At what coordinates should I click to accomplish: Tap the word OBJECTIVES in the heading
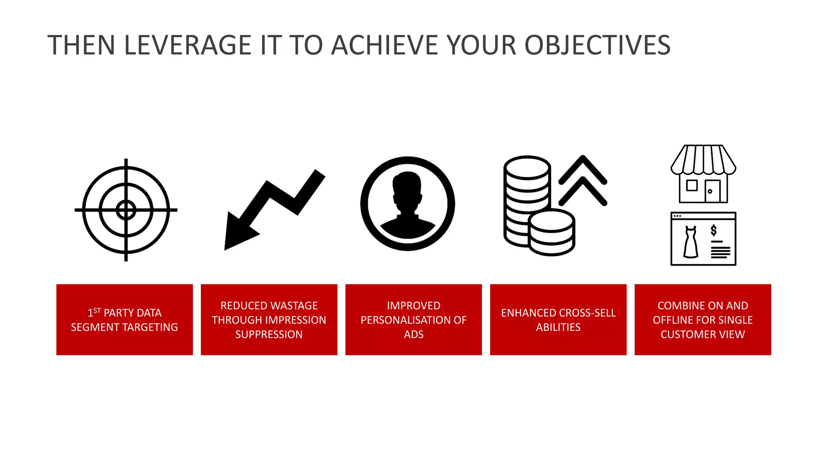tap(597, 45)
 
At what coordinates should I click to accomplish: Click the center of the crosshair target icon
tap(126, 210)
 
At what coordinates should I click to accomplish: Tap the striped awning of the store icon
tap(703, 160)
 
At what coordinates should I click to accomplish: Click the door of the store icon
tap(712, 191)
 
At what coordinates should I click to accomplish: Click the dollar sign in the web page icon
tap(714, 230)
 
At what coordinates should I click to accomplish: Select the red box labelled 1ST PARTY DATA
tap(124, 320)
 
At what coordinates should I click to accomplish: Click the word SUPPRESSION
tap(269, 334)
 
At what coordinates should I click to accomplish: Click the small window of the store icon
tap(692, 185)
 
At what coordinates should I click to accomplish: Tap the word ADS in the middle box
tap(413, 334)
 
